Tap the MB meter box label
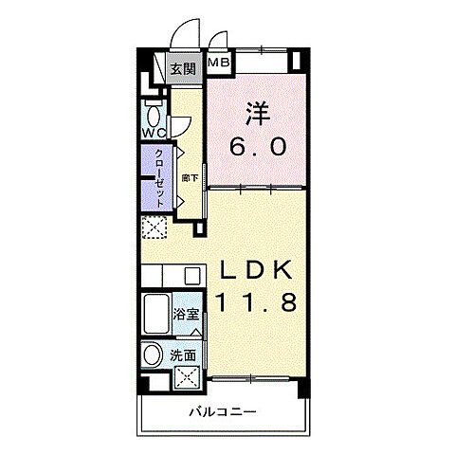[x=219, y=64]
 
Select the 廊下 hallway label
[x=190, y=177]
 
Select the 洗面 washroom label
[x=183, y=356]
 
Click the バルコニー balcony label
[x=224, y=412]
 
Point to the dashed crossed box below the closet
[x=153, y=228]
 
